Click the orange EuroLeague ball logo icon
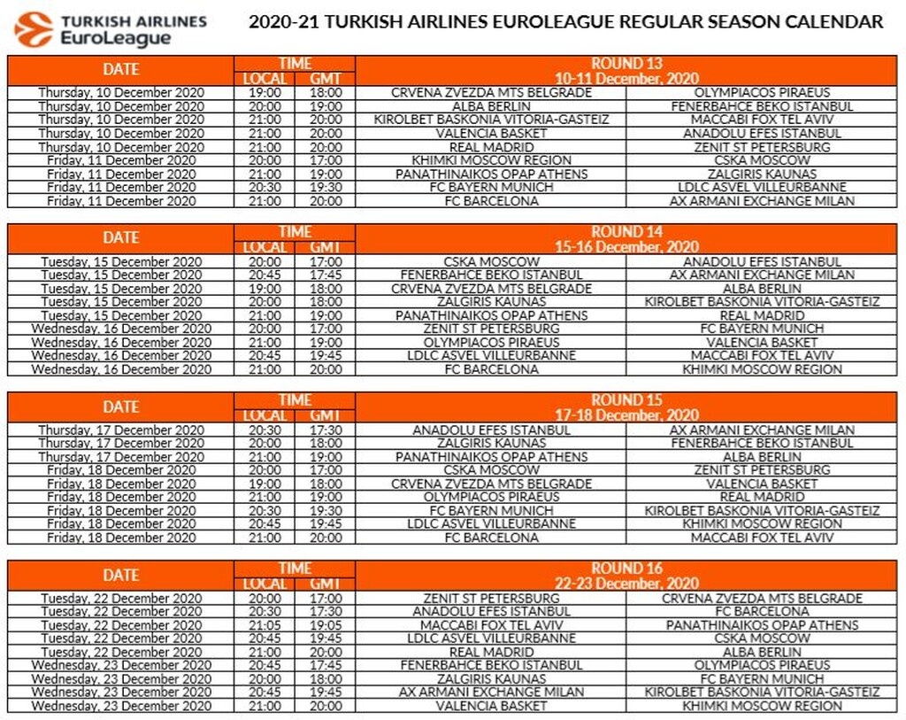coord(33,29)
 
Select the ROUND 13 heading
coord(626,64)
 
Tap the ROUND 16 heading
coord(626,569)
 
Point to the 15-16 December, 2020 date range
coord(626,247)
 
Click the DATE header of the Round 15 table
coord(120,406)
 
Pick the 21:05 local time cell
coord(265,625)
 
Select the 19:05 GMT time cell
coord(326,625)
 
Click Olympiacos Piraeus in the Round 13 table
coord(762,92)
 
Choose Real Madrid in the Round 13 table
coord(491,147)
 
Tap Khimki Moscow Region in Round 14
coord(762,369)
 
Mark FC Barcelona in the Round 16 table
coord(762,611)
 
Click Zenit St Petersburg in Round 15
coord(762,470)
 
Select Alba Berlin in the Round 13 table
coord(491,106)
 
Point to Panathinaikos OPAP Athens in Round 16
coord(762,625)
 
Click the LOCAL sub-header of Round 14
coord(265,247)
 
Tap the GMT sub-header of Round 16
coord(326,584)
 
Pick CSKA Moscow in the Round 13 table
coord(762,160)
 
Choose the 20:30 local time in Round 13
coord(265,188)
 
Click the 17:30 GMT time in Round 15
coord(326,430)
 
